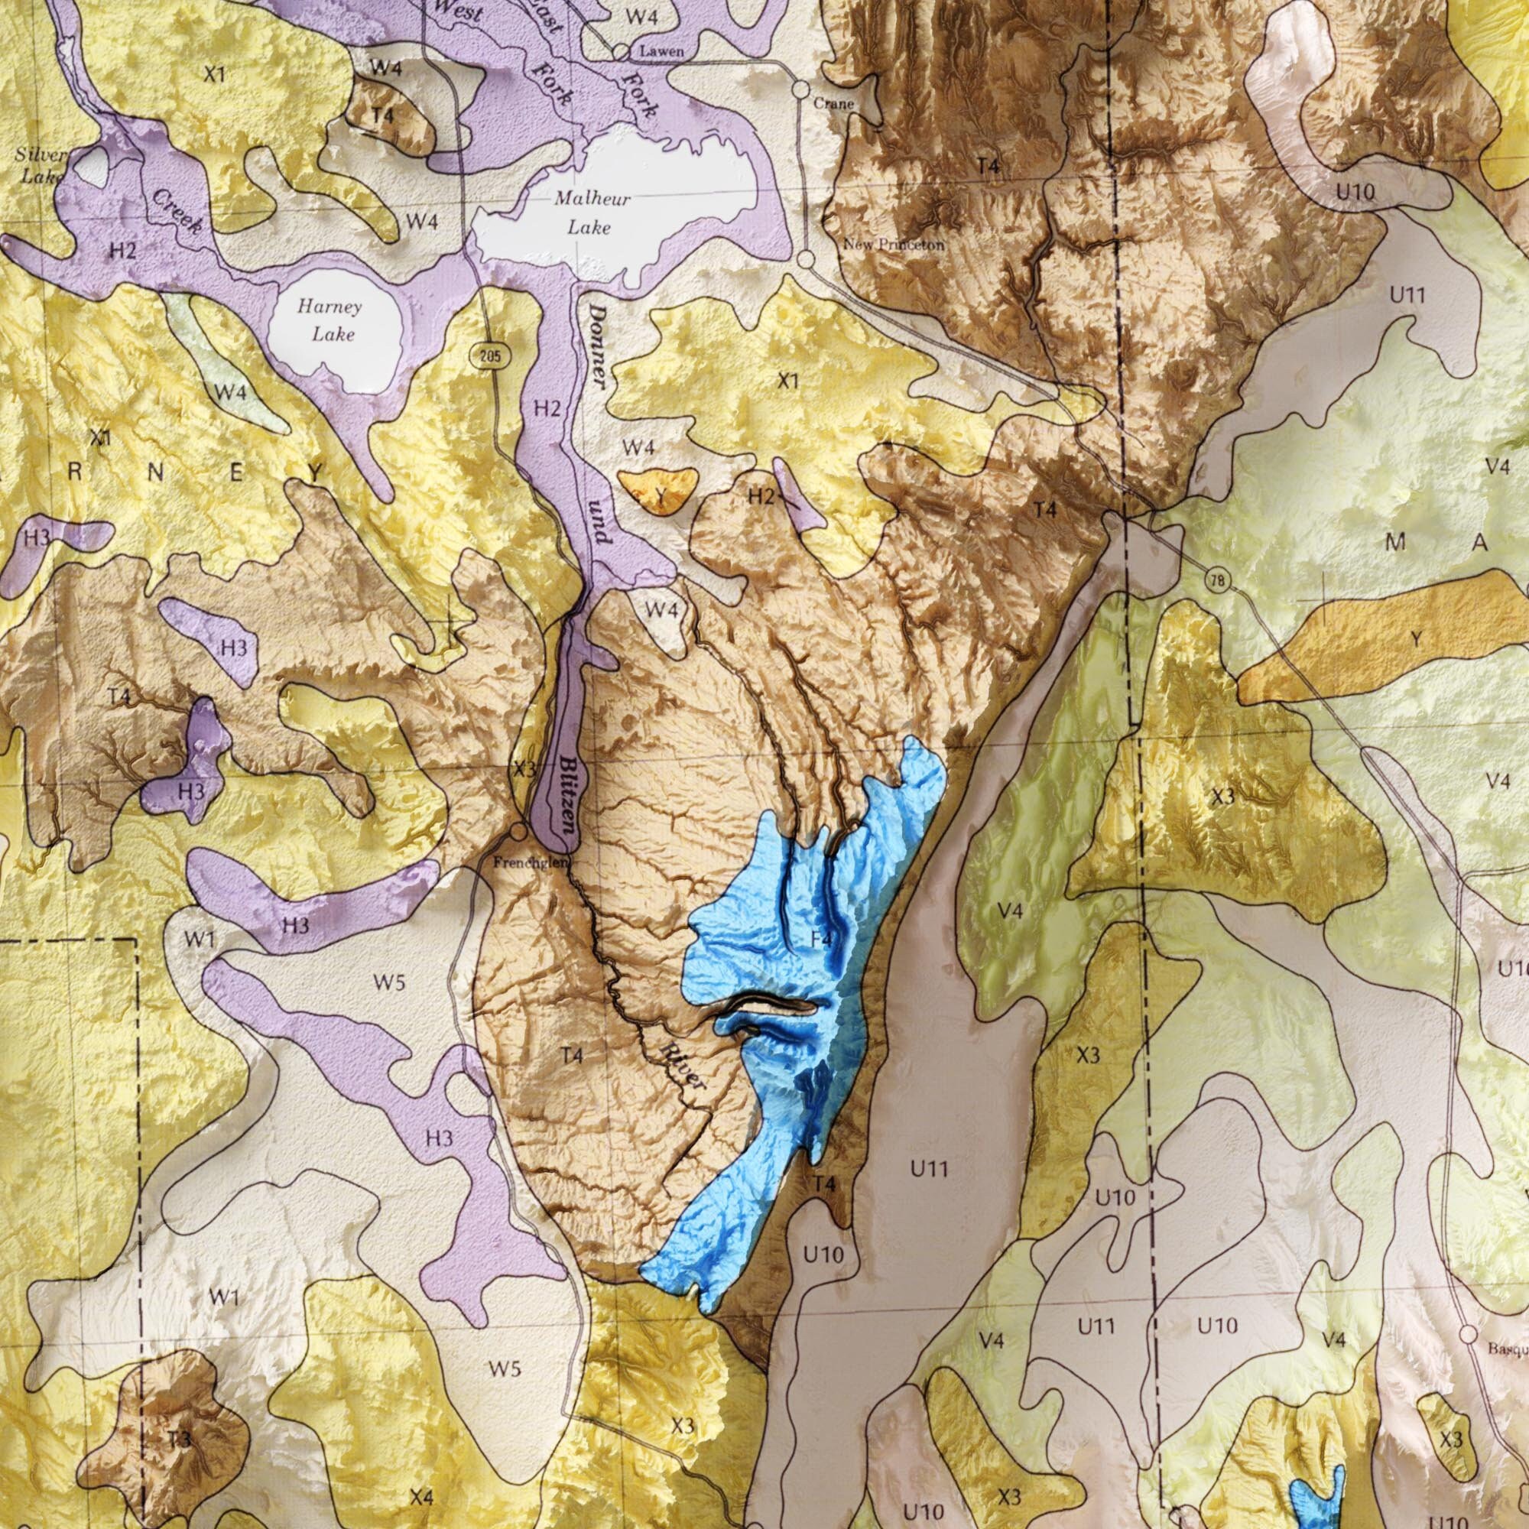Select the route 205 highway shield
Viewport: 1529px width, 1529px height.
pyautogui.click(x=491, y=356)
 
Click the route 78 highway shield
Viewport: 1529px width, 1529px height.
pyautogui.click(x=1219, y=582)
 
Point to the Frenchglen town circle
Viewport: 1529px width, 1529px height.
pyautogui.click(x=518, y=832)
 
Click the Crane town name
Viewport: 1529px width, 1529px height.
pyautogui.click(x=833, y=104)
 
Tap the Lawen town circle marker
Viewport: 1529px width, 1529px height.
pyautogui.click(x=622, y=52)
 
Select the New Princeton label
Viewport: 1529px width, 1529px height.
pyautogui.click(x=894, y=245)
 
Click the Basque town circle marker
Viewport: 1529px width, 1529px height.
pyautogui.click(x=1468, y=1334)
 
